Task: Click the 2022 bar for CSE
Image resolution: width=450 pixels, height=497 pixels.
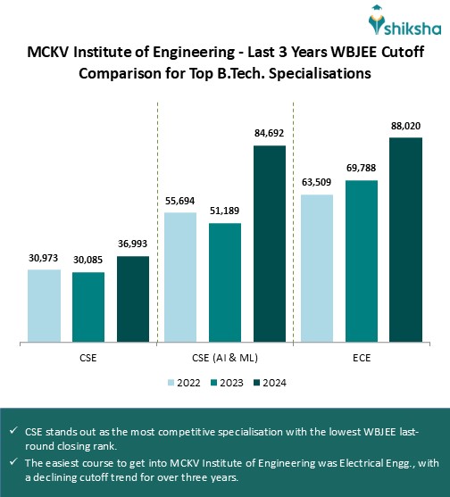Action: [44, 304]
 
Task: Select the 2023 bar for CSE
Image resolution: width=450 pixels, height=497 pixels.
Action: [88, 306]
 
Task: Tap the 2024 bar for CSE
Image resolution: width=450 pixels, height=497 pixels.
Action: [133, 298]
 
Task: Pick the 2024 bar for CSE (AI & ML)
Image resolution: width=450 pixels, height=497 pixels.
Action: [270, 243]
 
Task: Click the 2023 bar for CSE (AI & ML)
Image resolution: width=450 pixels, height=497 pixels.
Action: [225, 282]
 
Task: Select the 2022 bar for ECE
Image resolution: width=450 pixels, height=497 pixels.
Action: [316, 267]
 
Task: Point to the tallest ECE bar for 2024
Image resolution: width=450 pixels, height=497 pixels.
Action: [405, 239]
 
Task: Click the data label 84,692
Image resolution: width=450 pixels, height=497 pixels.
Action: [270, 133]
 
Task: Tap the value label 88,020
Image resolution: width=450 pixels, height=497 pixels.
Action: [405, 126]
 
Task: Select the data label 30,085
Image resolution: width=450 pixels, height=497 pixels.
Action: [88, 261]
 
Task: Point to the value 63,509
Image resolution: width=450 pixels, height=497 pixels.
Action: [316, 183]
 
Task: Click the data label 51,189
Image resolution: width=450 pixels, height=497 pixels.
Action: [225, 211]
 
